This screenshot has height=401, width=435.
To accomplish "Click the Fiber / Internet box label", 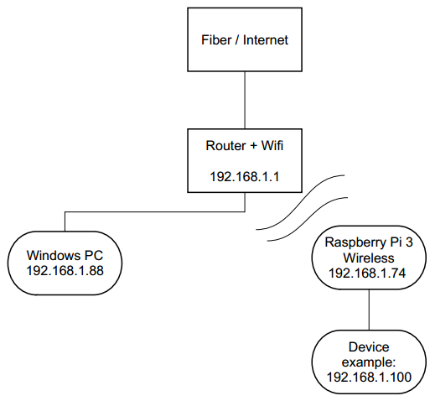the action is pyautogui.click(x=245, y=40).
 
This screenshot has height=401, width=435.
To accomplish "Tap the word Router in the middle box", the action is pyautogui.click(x=225, y=146).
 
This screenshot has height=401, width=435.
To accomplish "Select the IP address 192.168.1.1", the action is pyautogui.click(x=245, y=177).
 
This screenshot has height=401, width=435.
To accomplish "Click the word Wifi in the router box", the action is pyautogui.click(x=272, y=146).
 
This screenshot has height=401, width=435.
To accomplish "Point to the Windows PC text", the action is pyautogui.click(x=65, y=255).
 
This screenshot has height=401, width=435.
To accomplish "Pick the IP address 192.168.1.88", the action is pyautogui.click(x=65, y=271).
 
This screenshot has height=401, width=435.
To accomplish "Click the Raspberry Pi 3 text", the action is pyautogui.click(x=369, y=242).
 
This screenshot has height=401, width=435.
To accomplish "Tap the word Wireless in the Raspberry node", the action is pyautogui.click(x=369, y=258).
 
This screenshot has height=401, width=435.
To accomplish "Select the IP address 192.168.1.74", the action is pyautogui.click(x=367, y=273).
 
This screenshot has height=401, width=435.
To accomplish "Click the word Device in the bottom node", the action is pyautogui.click(x=369, y=347).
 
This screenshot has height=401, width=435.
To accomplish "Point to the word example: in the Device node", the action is pyautogui.click(x=369, y=362).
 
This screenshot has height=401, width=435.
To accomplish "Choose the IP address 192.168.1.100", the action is pyautogui.click(x=369, y=378).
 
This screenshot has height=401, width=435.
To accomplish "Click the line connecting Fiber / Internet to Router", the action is pyautogui.click(x=245, y=100).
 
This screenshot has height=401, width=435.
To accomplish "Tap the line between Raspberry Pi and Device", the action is pyautogui.click(x=369, y=310).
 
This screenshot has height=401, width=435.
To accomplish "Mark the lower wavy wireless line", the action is pyautogui.click(x=308, y=218).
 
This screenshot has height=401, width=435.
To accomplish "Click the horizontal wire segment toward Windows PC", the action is pyautogui.click(x=155, y=212).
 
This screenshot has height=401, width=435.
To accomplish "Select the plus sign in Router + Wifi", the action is pyautogui.click(x=253, y=146).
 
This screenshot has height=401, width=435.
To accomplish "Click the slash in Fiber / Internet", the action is pyautogui.click(x=237, y=40).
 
